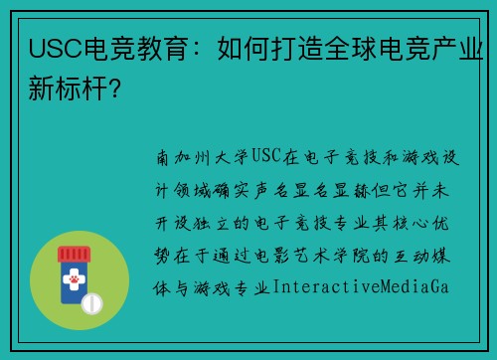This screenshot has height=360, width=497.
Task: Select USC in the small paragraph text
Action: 267,157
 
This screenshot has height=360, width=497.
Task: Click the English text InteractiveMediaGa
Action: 361,287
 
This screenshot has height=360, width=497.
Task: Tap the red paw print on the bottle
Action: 77,284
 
